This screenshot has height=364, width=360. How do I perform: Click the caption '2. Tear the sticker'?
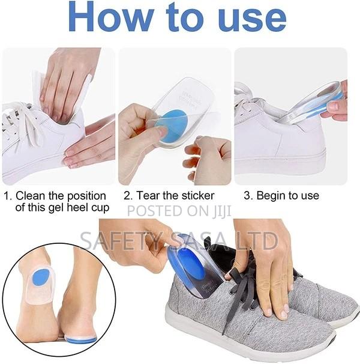point(169,195)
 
